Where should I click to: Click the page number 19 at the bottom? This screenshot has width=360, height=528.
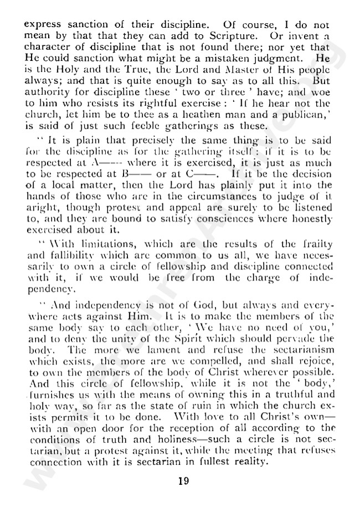tap(183, 480)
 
